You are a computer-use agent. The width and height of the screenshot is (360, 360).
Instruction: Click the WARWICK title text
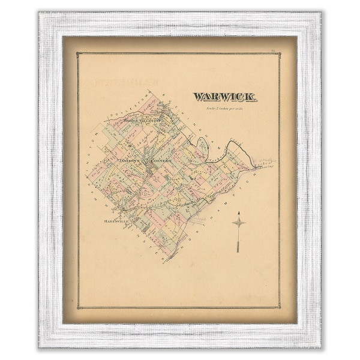pos(225,97)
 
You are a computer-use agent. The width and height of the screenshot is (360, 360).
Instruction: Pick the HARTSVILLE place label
pos(113,222)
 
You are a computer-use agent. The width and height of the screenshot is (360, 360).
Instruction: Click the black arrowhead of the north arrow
pos(238,214)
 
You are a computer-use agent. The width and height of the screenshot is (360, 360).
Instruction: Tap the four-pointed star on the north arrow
pos(238,223)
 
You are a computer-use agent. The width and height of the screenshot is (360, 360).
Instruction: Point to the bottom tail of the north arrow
pos(238,250)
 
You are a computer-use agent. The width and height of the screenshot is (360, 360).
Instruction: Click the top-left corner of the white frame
pos(40,13)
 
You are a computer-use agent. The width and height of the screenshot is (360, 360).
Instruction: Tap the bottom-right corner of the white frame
pos(320,347)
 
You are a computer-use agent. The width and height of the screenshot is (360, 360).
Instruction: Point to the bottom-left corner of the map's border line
pos(77,307)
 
